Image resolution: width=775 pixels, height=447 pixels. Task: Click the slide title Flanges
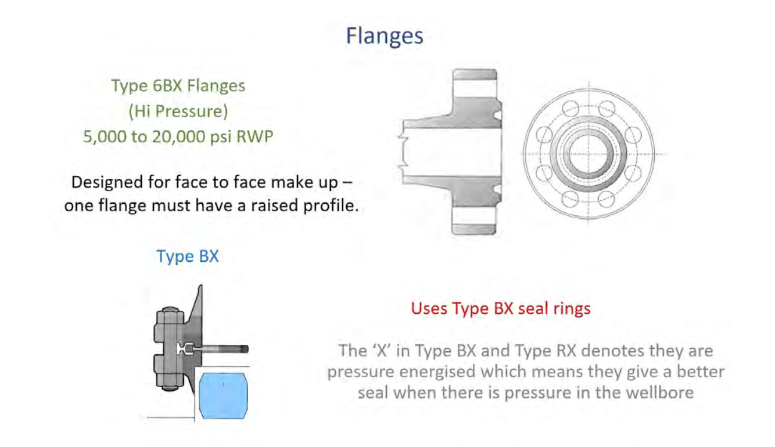click(385, 36)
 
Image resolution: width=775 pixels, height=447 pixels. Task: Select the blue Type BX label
click(187, 256)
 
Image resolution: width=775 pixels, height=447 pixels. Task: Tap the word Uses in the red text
click(428, 308)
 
